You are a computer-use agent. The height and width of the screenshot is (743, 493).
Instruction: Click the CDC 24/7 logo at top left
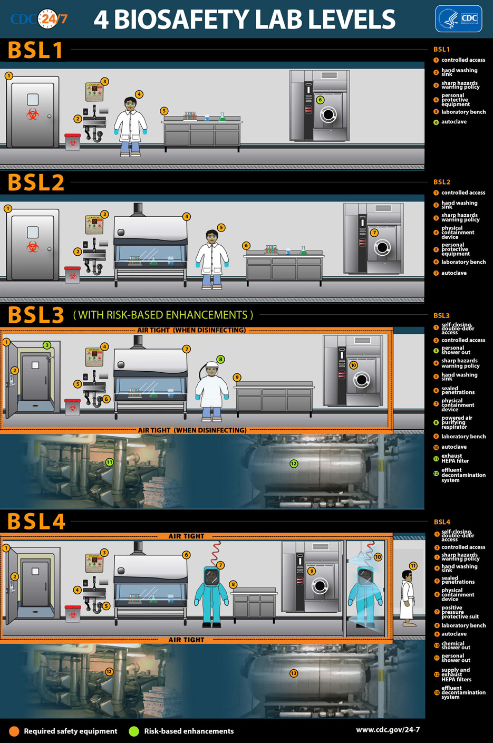[x=40, y=20]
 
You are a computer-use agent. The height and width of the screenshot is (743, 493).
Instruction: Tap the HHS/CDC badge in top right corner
[x=458, y=19]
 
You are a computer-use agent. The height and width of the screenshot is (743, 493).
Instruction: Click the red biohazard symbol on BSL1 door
[x=33, y=113]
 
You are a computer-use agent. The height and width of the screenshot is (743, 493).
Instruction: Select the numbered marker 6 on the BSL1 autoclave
[x=320, y=100]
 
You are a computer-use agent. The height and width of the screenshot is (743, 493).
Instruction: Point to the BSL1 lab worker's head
[x=130, y=104]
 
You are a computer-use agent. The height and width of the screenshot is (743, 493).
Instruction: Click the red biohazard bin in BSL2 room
[x=72, y=274]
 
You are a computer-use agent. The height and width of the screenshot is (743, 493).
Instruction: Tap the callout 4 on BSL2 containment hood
[x=187, y=217]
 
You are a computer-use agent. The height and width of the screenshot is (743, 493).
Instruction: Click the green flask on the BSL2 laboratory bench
[x=303, y=250]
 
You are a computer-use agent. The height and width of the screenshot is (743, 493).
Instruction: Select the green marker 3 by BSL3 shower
[x=47, y=345]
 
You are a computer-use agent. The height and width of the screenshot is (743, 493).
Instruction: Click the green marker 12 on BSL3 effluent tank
[x=294, y=464]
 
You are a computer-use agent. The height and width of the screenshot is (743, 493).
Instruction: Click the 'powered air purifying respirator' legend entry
[x=457, y=422]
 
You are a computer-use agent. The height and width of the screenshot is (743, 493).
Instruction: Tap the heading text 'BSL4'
[x=36, y=522]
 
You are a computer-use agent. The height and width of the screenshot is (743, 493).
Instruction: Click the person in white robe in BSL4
[x=407, y=597]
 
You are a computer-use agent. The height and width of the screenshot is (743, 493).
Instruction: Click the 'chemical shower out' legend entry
[x=456, y=645]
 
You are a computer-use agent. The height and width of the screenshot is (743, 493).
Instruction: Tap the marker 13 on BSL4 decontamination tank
[x=294, y=673]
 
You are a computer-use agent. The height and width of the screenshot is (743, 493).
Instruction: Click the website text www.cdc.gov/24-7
[x=388, y=730]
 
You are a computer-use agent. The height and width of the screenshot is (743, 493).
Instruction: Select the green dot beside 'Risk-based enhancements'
[x=134, y=731]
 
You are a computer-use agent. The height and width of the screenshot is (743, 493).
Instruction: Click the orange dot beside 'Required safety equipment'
[x=14, y=731]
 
